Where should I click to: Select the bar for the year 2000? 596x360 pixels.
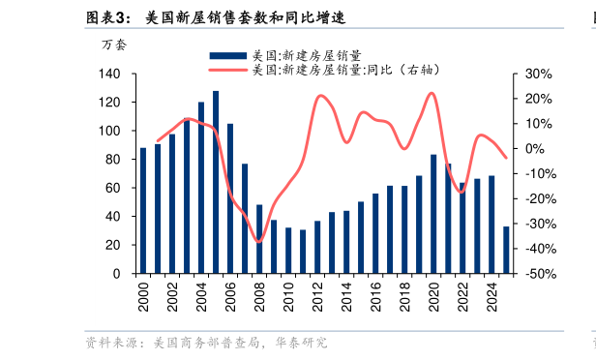143,210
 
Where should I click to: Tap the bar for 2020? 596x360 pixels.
433,214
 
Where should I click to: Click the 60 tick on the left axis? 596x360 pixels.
113,188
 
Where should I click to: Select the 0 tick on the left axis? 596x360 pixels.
117,274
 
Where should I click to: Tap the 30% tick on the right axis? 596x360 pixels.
538,74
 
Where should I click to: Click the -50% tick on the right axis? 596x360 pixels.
538,274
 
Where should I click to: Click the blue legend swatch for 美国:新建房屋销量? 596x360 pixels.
227,57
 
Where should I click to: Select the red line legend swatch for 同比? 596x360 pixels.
227,70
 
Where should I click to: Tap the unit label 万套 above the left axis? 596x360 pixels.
113,45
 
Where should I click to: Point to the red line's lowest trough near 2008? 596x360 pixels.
258,241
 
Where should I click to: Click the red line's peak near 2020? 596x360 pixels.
432,93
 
